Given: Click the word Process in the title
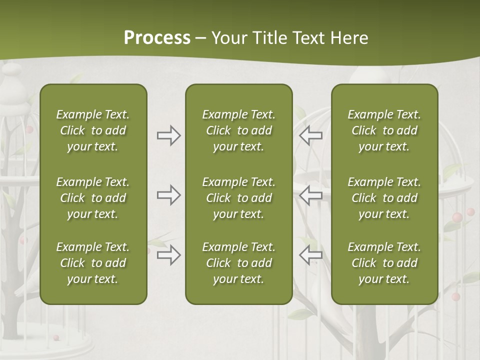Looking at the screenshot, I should point(157,38).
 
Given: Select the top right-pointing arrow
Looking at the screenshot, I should point(168,135).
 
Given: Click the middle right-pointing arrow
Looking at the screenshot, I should point(168,195).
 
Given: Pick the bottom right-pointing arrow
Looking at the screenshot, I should point(168,255).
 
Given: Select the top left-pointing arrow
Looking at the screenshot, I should point(310,135).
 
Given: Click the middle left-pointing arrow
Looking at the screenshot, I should point(310,195).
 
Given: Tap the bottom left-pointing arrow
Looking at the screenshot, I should point(310,255).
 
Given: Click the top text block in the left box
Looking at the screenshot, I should point(93,130).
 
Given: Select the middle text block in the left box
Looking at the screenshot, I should point(93,198).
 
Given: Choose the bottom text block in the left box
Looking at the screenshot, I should point(93,263).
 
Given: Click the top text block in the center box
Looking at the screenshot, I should point(238,130).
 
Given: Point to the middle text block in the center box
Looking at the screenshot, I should point(238,198).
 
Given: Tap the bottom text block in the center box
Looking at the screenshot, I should point(238,263).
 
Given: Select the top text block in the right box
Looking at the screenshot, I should point(384,130).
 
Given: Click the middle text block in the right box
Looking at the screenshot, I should point(384,198).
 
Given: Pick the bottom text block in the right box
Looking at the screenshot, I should point(384,263).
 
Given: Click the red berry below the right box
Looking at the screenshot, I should point(455,297).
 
